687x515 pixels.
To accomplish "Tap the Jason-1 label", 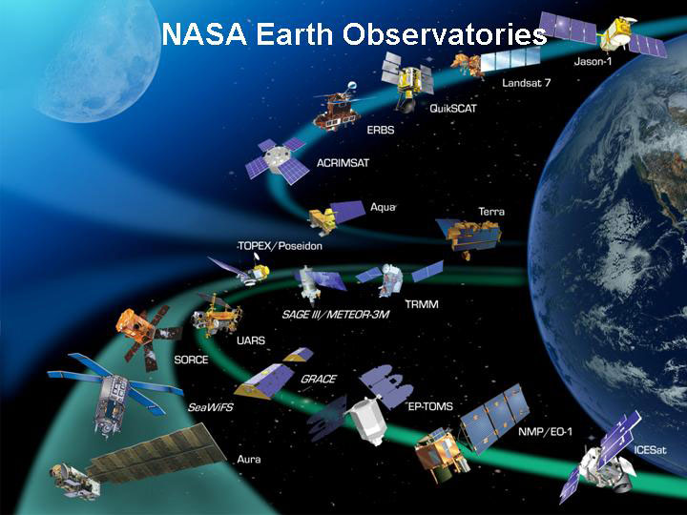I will point(598,62).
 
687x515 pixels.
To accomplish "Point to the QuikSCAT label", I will point(452,108).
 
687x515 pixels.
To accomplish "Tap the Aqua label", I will point(383,207).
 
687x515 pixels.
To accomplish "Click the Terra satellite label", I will point(491,212).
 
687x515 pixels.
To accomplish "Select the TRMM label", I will point(420,303).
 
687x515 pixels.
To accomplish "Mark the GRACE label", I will point(318,379).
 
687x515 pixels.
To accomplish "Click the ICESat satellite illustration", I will point(603,458).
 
